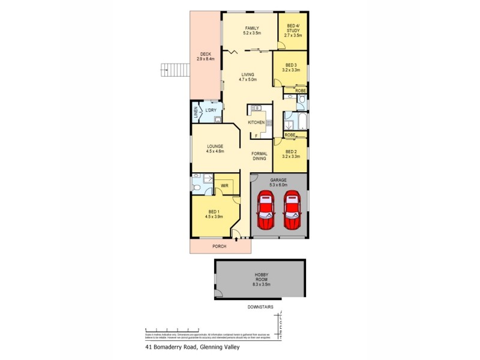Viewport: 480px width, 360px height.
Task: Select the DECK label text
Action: pos(206,57)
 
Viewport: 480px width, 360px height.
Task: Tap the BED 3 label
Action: pos(291,68)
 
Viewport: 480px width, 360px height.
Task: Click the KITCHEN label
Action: pos(256,123)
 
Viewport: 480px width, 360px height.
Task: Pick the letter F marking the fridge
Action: pos(256,136)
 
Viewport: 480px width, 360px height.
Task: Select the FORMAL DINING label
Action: pos(259,156)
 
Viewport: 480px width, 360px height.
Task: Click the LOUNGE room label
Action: pos(215,149)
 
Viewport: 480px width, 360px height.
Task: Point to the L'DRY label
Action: pos(211,112)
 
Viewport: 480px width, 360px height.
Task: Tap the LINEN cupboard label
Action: pos(195,113)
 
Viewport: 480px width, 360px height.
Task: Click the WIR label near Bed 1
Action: pos(224,185)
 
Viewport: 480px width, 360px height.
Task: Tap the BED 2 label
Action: pos(291,154)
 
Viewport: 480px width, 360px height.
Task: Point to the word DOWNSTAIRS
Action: pos(260,307)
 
